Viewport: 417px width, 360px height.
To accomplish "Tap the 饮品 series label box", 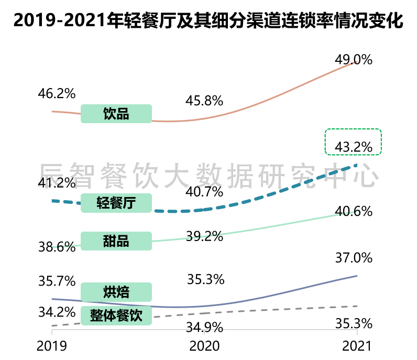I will [x=116, y=114].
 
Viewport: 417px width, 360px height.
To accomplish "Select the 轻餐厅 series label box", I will [x=116, y=203].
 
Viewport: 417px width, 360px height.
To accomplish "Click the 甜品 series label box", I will [x=116, y=241].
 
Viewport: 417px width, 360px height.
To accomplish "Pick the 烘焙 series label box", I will [x=116, y=291].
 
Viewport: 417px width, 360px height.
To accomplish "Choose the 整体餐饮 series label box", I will [x=116, y=315].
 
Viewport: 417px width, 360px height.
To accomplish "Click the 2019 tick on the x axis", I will [x=51, y=346].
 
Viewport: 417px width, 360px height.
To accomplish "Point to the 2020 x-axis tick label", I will [x=205, y=346].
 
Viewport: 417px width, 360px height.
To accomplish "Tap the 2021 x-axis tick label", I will [x=356, y=346].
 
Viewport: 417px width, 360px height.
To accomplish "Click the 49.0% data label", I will [x=354, y=60].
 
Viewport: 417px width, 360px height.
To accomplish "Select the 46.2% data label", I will [x=57, y=94].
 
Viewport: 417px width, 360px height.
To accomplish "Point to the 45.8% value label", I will [x=205, y=101].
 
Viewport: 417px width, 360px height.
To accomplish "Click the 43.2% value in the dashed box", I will [x=354, y=147].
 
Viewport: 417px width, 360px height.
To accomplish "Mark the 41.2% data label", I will [x=57, y=183].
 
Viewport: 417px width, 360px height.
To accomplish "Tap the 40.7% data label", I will [x=205, y=192].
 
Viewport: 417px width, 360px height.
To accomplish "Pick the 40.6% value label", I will [x=354, y=212].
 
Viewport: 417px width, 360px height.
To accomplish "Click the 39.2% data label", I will [x=205, y=236].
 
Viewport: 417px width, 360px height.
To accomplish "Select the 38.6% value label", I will [x=57, y=247].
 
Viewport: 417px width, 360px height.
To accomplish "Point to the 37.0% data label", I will [x=354, y=258].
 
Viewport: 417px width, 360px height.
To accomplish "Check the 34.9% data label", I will [x=205, y=328].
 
